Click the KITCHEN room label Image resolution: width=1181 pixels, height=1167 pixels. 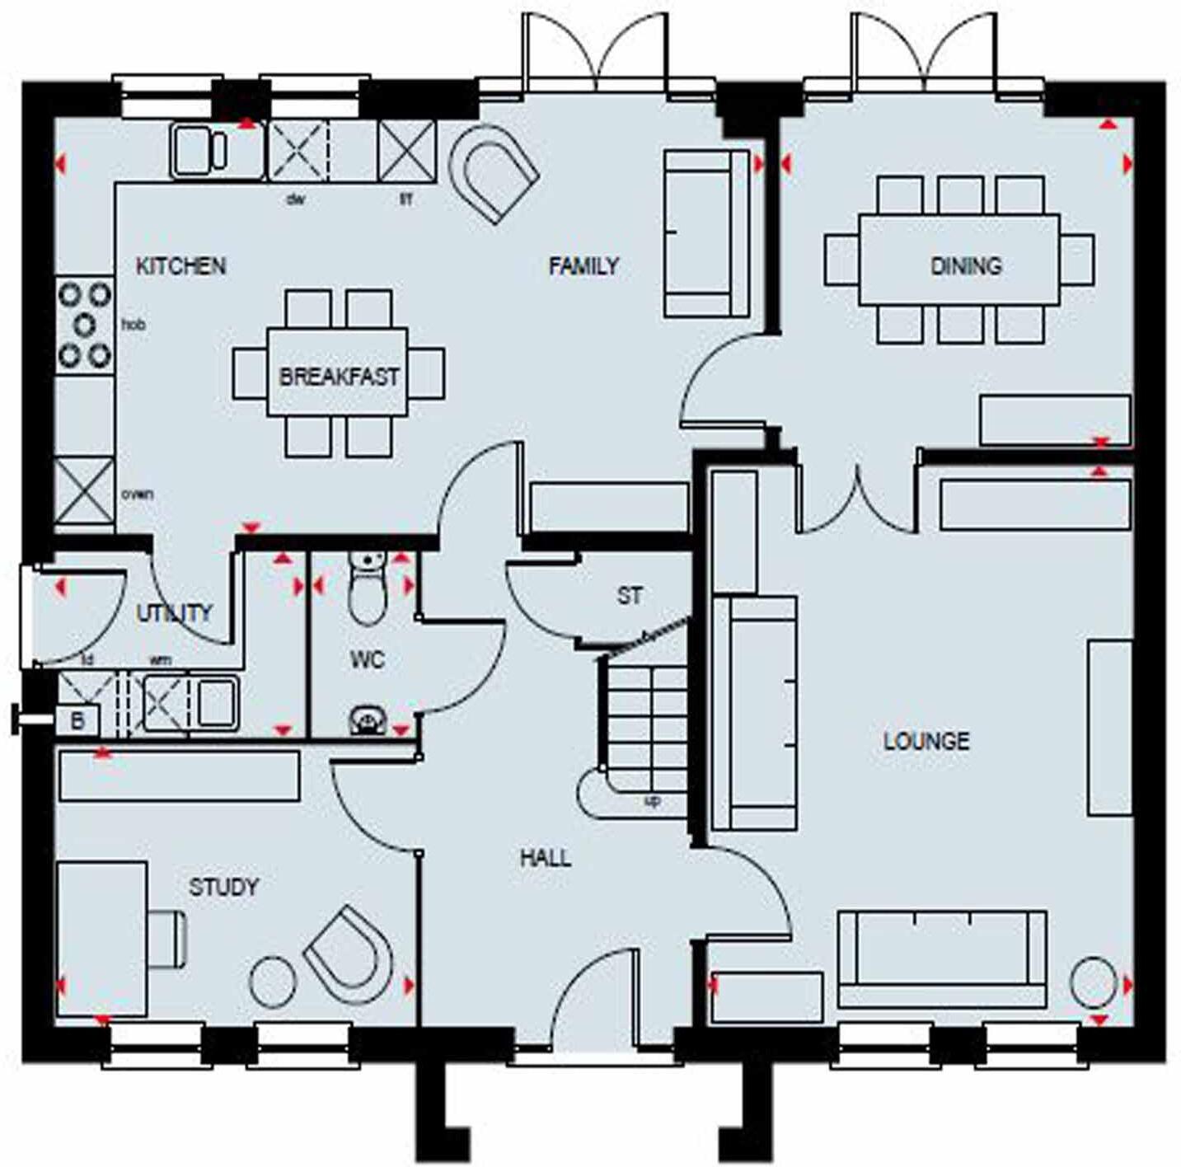180,266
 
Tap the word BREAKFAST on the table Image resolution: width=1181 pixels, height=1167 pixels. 339,377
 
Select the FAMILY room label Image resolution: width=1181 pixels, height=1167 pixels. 583,266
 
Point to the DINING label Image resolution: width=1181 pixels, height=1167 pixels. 966,266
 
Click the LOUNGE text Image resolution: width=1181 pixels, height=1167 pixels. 926,741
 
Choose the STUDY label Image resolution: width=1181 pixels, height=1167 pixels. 224,887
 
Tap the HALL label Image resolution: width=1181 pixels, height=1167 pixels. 546,858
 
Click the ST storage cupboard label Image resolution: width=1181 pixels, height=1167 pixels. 630,595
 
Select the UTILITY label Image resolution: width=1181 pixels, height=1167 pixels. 175,612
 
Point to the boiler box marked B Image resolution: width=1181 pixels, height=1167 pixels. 77,721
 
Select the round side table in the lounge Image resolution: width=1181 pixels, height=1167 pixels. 1094,982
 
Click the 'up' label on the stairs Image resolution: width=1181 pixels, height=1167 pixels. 652,800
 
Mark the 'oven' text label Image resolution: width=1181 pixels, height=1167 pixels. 137,494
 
